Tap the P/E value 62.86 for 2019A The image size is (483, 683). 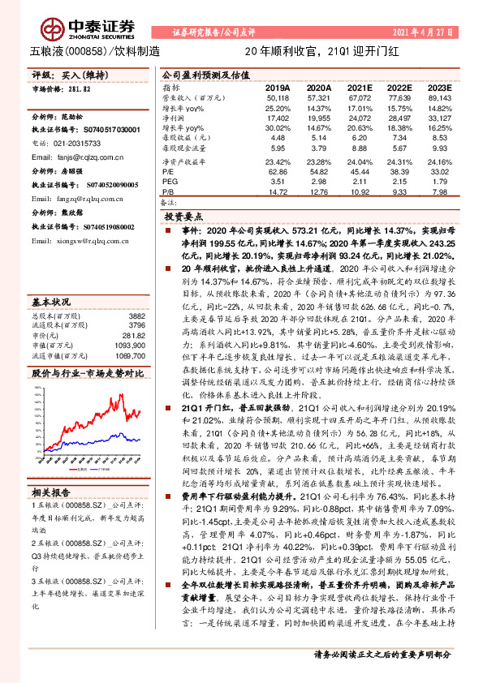tap(278, 172)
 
